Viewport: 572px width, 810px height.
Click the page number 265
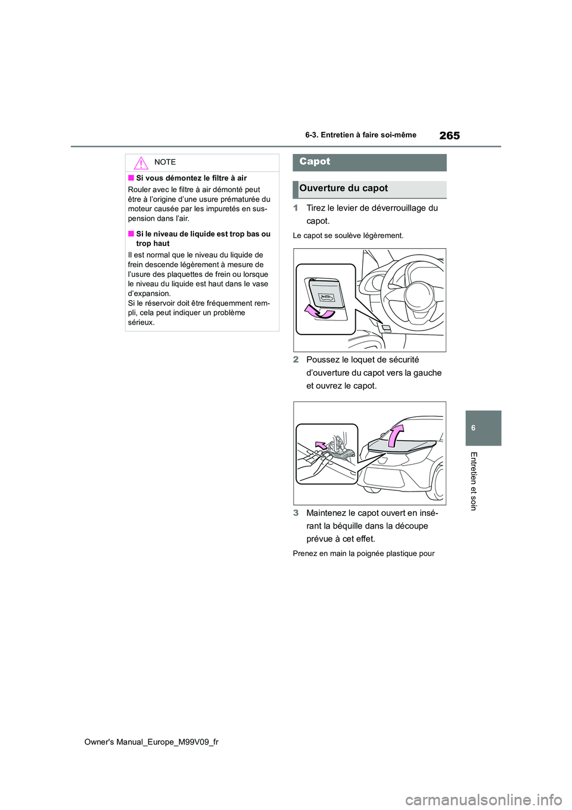(449, 135)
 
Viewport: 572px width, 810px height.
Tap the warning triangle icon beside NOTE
(141, 163)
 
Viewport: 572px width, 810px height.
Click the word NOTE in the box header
(165, 162)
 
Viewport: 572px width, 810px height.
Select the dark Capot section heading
(369, 162)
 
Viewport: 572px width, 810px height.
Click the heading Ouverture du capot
(344, 188)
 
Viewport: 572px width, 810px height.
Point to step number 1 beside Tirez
(296, 208)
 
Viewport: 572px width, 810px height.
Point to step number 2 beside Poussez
(296, 360)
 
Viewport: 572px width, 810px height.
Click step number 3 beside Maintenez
(296, 513)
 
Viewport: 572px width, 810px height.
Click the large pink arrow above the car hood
(396, 435)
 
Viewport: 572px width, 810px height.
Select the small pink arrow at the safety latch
(322, 446)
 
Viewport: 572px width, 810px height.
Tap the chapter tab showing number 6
(473, 428)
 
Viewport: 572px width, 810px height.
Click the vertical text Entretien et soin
(473, 481)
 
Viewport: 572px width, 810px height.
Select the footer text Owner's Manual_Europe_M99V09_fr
(151, 742)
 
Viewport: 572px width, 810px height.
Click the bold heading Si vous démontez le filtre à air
(191, 178)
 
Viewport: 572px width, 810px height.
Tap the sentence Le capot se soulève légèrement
(348, 236)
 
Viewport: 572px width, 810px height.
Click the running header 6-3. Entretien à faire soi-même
(360, 135)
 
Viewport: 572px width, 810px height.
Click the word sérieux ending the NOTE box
(141, 323)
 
